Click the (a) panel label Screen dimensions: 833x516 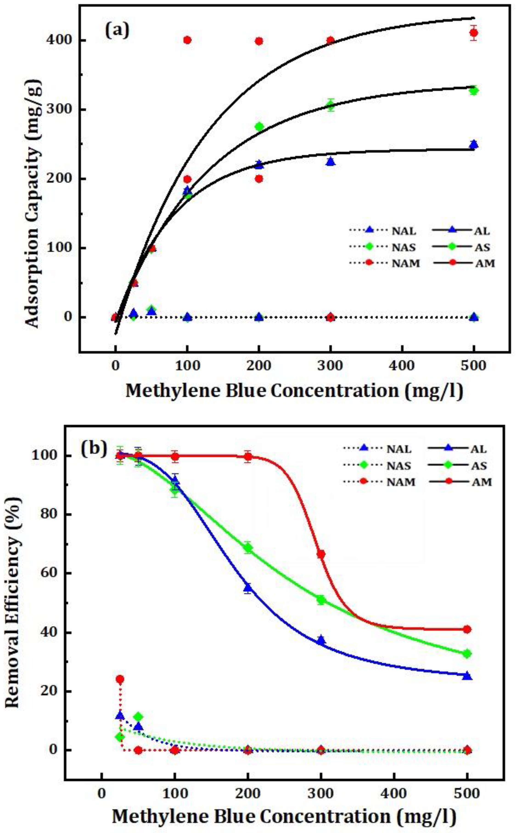tap(117, 31)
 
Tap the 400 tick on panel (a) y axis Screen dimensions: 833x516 tap(62, 40)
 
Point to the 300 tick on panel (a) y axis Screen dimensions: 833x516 tap(62, 110)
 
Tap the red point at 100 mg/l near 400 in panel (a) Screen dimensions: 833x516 tap(187, 40)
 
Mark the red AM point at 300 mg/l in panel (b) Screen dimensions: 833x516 tap(321, 554)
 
